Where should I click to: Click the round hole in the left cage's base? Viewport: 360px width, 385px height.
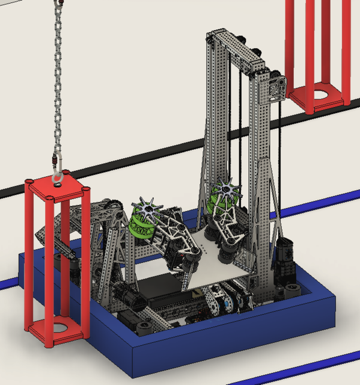[59, 328]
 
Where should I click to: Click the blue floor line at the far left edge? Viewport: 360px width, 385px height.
[7, 282]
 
